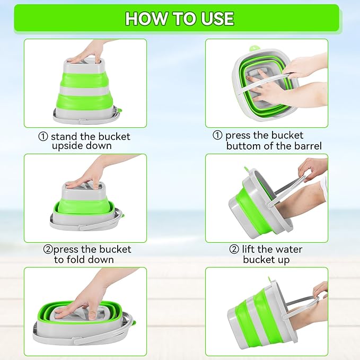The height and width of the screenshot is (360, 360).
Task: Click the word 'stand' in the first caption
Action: [x=64, y=137]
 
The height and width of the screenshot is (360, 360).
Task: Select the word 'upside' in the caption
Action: [x=67, y=146]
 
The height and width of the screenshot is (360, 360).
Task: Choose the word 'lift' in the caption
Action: [x=251, y=249]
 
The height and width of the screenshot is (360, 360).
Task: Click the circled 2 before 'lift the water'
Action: [x=234, y=249]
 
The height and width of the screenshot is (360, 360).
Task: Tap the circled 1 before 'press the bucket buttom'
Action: [x=217, y=136]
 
